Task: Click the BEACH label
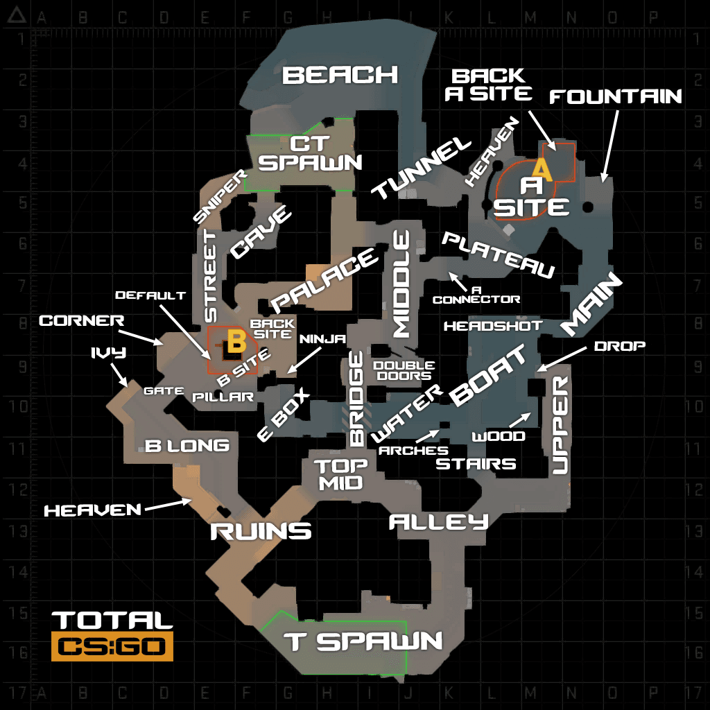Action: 340,75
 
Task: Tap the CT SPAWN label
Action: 310,153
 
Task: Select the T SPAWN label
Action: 363,641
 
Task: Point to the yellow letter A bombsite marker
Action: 542,169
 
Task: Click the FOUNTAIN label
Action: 616,96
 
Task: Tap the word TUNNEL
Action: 422,168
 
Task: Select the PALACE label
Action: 324,281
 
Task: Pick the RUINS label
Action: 261,531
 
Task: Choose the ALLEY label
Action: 439,522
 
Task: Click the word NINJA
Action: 322,338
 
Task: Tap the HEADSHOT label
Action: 493,326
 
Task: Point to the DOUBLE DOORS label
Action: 404,370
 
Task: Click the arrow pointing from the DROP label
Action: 562,360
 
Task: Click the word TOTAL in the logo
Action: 112,621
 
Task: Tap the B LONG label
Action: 187,446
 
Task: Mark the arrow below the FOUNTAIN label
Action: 610,146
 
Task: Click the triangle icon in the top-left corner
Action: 17,15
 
